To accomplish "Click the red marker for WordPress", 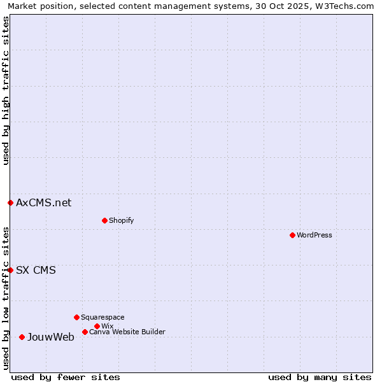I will tap(292, 235).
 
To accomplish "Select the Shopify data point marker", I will tap(104, 220).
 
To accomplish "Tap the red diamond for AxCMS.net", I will tap(10, 202).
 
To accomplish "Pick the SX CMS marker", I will tap(10, 270).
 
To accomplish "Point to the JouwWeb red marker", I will tap(22, 337).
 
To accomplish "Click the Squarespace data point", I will tap(76, 317).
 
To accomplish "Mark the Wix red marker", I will tap(97, 326).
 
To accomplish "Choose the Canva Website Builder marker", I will tap(85, 332).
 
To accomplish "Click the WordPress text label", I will tap(315, 235).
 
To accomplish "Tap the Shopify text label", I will tap(121, 220).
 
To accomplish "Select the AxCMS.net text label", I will tap(43, 202).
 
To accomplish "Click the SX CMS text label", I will tap(36, 270).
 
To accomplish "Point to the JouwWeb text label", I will tap(50, 337).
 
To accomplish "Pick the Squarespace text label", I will tap(103, 317).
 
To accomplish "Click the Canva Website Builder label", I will tap(127, 332).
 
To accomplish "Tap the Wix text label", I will tap(107, 326).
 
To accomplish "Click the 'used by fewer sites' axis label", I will tap(66, 377).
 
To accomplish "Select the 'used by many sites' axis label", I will tap(320, 377).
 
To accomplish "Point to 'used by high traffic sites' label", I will tap(6, 91).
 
